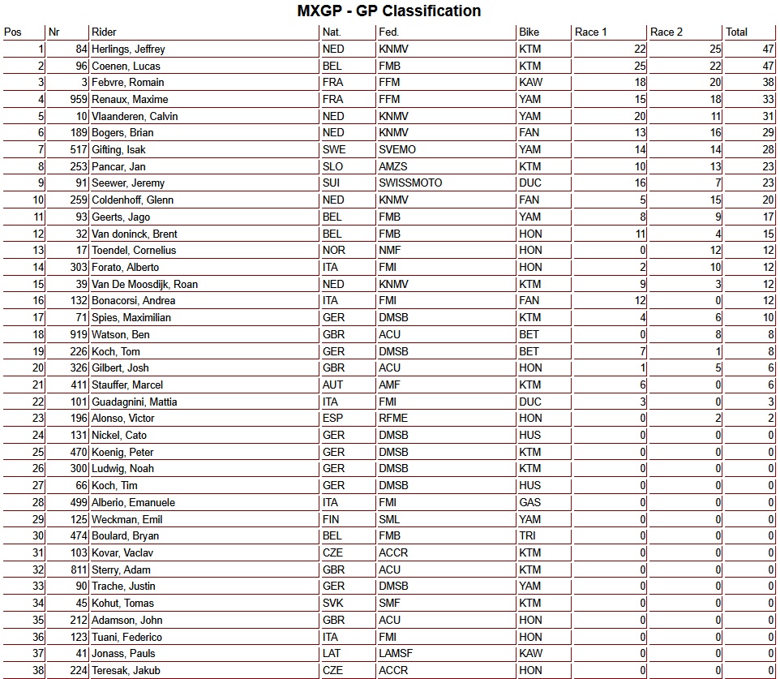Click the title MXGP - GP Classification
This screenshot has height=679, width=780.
pos(389,11)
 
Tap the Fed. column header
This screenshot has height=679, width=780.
pos(388,32)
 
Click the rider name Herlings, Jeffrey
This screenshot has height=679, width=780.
pos(128,49)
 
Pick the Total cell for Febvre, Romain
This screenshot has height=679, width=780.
pos(764,83)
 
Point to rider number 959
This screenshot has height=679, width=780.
pos(76,100)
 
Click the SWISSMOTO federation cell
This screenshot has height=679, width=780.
pos(410,183)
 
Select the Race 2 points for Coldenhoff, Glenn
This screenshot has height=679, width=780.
pos(714,200)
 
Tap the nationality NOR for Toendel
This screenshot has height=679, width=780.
pos(333,251)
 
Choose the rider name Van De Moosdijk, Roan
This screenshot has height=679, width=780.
pos(144,284)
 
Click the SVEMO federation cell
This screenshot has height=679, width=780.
pos(396,150)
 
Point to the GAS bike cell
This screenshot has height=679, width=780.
pos(529,503)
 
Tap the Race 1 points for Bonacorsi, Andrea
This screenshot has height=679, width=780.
pos(640,301)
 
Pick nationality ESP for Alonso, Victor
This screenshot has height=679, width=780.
pos(333,419)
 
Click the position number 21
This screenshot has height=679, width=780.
pos(38,385)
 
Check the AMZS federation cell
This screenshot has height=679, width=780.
pos(394,167)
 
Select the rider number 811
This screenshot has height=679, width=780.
pos(76,570)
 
